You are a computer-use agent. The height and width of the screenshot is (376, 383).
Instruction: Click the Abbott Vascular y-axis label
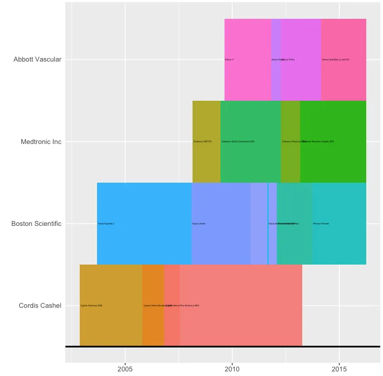(x=38, y=60)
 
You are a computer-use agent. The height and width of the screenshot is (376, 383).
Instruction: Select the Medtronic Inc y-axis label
(x=41, y=142)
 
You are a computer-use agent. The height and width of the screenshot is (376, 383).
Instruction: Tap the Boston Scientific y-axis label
(x=36, y=224)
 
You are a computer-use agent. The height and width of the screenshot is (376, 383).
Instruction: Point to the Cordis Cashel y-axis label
(x=40, y=306)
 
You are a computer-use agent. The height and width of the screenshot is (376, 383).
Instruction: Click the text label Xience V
(x=229, y=60)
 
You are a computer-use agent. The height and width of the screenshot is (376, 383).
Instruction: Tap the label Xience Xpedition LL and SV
(x=336, y=60)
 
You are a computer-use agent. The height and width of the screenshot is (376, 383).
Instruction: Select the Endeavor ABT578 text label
(x=202, y=141)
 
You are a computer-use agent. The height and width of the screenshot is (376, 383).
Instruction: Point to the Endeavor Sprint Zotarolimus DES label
(x=238, y=141)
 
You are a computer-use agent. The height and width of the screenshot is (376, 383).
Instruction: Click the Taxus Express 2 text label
(x=106, y=224)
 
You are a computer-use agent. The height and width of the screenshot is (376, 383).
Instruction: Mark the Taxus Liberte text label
(x=199, y=224)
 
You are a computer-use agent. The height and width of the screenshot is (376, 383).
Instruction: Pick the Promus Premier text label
(x=321, y=224)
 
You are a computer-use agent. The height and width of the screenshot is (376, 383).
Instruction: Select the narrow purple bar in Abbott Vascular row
(x=276, y=81)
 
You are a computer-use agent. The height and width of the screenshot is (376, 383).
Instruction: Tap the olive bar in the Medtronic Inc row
(x=206, y=163)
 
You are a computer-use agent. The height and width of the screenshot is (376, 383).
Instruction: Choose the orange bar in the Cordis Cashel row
(x=153, y=326)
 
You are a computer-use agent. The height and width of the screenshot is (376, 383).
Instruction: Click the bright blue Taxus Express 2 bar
(x=144, y=244)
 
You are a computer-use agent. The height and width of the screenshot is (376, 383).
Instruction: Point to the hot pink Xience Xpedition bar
(x=343, y=81)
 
